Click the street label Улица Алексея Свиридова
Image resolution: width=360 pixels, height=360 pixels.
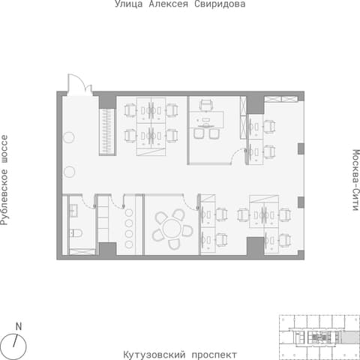[x=180, y=4]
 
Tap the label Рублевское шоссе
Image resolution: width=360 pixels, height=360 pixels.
[x=4, y=180]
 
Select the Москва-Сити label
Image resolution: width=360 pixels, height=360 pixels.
[x=355, y=180]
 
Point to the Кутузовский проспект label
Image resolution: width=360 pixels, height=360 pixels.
[x=180, y=355]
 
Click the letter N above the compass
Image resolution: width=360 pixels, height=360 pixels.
[x=19, y=326]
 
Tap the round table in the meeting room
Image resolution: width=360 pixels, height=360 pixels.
[x=172, y=229]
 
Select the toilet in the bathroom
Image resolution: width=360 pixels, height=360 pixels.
[x=76, y=233]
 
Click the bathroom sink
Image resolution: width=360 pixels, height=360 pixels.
[x=73, y=211]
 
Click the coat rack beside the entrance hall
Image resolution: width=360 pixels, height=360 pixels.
[x=107, y=132]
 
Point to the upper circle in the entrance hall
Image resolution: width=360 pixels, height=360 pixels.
[x=68, y=137]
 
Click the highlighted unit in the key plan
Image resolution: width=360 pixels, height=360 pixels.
[x=350, y=337]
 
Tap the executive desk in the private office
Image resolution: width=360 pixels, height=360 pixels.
[x=206, y=119]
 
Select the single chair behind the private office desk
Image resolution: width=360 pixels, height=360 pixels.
[x=206, y=105]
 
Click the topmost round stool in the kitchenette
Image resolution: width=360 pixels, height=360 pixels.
[x=129, y=213]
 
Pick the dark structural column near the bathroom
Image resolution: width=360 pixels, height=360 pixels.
[x=107, y=249]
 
